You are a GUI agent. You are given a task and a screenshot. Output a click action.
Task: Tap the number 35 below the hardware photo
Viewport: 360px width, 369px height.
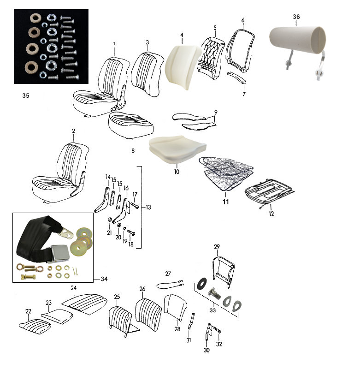point(26,95)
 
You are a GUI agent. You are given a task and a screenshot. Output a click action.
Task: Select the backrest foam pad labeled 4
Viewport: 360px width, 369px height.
point(182,66)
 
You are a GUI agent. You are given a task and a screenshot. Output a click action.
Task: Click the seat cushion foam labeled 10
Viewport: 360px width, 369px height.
point(177,149)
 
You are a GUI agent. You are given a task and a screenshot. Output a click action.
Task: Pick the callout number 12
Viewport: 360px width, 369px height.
point(271,214)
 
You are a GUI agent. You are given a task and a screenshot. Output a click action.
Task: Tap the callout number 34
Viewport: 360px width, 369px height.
point(104,279)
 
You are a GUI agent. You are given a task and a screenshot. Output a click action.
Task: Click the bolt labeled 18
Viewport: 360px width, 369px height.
point(131,232)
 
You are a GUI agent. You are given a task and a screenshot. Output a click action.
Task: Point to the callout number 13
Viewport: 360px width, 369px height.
point(148,207)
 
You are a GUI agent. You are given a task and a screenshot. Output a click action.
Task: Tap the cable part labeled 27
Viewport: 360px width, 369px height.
point(170,284)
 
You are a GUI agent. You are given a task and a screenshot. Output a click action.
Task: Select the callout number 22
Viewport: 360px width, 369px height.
point(28,311)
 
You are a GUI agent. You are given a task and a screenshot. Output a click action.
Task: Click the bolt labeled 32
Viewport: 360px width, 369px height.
point(217,330)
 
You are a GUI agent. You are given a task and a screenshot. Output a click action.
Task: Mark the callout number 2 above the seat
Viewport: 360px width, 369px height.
point(73,131)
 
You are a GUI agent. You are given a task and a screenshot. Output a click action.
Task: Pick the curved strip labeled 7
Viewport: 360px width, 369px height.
point(237,77)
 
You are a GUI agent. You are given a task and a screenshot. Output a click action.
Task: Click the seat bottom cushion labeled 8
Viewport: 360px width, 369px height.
point(131,125)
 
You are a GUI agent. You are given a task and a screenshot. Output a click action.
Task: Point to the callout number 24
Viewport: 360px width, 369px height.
point(74,288)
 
